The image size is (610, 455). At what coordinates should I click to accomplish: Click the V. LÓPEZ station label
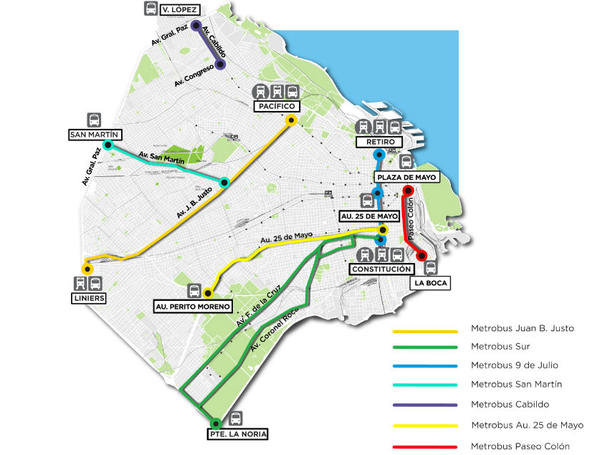[176, 11]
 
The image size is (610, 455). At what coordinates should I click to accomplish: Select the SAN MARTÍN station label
[96, 134]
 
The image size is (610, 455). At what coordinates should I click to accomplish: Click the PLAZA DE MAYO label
[401, 177]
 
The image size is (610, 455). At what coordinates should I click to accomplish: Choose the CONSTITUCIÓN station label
[381, 270]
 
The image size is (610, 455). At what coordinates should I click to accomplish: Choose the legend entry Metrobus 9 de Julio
[509, 366]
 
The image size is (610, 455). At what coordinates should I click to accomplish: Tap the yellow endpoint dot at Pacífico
[291, 121]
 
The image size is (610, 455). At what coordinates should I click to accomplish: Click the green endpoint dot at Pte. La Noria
[214, 422]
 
